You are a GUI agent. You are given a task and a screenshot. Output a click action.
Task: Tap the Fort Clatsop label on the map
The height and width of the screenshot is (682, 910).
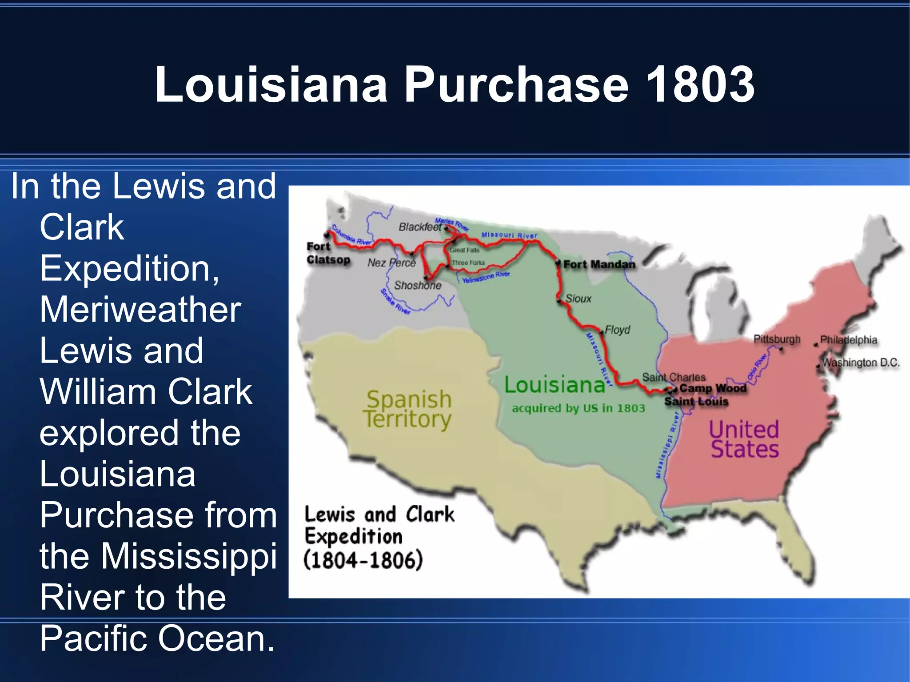[328, 253]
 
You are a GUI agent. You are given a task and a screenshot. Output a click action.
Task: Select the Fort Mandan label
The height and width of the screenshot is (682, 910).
[599, 264]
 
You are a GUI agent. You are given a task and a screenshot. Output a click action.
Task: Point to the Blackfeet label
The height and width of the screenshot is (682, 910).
[420, 227]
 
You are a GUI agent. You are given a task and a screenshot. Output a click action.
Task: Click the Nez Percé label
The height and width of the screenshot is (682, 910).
[391, 263]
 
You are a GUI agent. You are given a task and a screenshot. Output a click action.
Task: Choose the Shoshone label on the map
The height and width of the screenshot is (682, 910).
[417, 285]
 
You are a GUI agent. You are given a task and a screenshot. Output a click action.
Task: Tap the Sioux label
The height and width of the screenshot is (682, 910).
[578, 299]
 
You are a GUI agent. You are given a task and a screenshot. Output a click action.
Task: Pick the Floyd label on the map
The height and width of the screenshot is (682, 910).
[617, 330]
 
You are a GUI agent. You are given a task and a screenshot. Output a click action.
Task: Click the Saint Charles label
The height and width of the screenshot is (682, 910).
[674, 377]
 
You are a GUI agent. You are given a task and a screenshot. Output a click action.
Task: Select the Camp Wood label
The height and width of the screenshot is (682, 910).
[713, 388]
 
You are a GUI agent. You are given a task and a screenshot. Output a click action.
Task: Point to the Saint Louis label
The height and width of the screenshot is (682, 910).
[696, 402]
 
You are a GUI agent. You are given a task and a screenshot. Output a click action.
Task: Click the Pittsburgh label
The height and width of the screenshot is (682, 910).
[777, 339]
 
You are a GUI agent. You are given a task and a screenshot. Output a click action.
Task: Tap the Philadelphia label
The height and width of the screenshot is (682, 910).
[848, 340]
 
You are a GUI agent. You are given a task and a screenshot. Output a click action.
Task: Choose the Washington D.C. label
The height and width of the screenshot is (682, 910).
[861, 363]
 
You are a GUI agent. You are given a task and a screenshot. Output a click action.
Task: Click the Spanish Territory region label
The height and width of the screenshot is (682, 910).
[407, 409]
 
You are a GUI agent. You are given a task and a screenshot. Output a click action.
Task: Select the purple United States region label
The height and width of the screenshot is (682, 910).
[744, 439]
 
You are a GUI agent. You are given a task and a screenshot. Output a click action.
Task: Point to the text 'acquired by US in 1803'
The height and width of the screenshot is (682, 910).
[578, 408]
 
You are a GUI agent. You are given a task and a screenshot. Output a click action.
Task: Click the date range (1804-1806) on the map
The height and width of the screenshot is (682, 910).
[363, 560]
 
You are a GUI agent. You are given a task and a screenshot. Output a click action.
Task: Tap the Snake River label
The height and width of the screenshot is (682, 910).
[395, 301]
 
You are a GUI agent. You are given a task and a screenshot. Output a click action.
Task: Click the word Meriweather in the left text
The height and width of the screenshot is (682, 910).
[140, 309]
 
